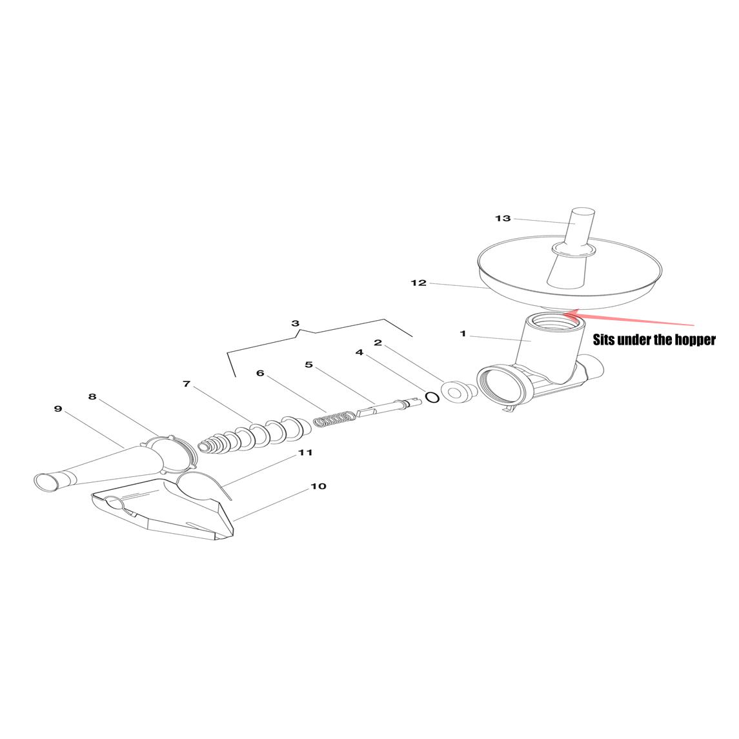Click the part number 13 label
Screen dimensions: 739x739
[x=502, y=218]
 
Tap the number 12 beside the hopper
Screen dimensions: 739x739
[x=418, y=283]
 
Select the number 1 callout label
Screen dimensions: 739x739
[x=463, y=334]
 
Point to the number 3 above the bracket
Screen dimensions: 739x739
[x=295, y=323]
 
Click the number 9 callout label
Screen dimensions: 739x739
[x=58, y=409]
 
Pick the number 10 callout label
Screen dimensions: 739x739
[x=319, y=486]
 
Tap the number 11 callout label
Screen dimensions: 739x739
[x=305, y=452]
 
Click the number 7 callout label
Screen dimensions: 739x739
[x=187, y=384]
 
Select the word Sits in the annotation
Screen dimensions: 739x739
[x=603, y=339]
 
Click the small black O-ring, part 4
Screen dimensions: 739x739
[x=432, y=398]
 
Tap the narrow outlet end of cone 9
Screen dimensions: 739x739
[x=45, y=481]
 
